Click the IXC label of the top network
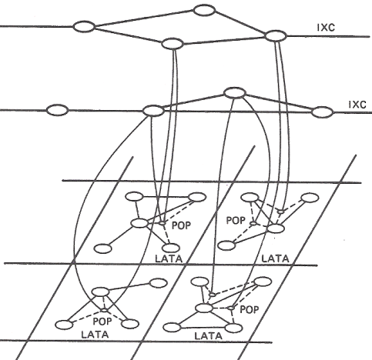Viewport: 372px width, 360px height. point(326,27)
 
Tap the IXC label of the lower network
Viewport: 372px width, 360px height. point(357,105)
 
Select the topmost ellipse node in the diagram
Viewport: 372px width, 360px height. point(204,10)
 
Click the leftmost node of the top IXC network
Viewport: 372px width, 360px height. point(84,27)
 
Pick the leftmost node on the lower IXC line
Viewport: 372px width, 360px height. point(57,110)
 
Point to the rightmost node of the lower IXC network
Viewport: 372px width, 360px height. point(323,112)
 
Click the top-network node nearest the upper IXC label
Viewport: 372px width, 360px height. point(276,36)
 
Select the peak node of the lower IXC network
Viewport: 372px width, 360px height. point(235,92)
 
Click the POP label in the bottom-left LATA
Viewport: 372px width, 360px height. point(102,321)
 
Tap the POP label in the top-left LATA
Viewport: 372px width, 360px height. point(181,225)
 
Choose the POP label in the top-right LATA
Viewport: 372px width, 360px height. point(236,220)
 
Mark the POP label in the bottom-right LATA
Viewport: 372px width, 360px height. point(250,310)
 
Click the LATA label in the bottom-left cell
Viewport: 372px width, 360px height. point(95,335)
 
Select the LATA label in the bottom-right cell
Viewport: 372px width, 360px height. point(208,335)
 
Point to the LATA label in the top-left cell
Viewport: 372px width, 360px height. point(169,258)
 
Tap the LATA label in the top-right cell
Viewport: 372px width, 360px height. point(275,258)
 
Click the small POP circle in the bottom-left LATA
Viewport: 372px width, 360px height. point(104,310)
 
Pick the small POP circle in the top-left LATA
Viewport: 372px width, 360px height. point(162,223)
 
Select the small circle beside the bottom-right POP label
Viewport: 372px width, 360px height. point(231,308)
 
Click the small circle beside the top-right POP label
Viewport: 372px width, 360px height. point(253,223)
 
